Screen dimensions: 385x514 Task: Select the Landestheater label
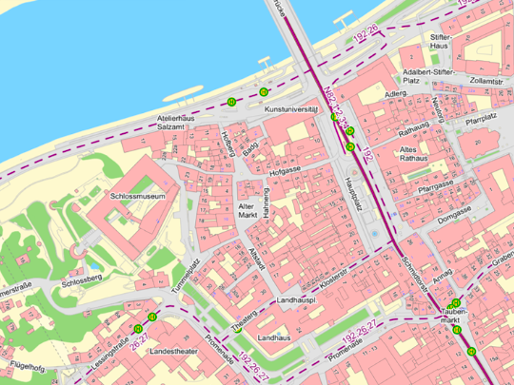172,352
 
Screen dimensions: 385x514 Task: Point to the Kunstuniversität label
290,110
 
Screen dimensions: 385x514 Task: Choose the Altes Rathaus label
412,155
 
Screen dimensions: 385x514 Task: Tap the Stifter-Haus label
439,41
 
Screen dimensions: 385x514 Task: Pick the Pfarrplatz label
482,120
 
